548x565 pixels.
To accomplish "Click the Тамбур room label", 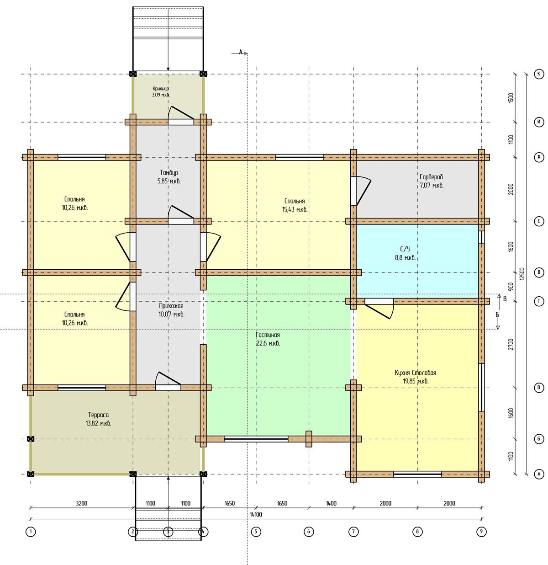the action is click(x=169, y=173).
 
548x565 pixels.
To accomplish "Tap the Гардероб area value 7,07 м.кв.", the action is click(x=432, y=185).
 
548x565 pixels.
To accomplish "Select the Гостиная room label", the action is click(x=268, y=335).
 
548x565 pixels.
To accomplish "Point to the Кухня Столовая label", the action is click(x=416, y=373).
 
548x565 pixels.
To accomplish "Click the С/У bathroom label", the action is click(x=405, y=249).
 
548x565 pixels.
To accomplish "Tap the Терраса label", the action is click(x=98, y=415).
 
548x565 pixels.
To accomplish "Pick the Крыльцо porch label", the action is click(x=161, y=89).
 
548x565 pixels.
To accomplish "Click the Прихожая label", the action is click(x=171, y=306).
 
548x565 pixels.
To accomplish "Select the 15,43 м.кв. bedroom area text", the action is click(x=295, y=209).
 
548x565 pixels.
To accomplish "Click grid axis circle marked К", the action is click(x=539, y=74).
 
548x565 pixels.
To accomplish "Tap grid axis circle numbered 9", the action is click(x=481, y=532).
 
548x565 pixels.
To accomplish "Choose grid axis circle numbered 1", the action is click(x=31, y=532).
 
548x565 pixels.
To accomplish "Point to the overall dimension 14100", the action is click(x=256, y=514).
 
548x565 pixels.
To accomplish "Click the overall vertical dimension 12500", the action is click(x=522, y=274).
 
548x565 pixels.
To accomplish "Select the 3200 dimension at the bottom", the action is click(x=82, y=503).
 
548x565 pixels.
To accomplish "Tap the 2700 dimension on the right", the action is click(x=511, y=344).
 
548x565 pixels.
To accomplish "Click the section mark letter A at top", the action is click(x=241, y=52).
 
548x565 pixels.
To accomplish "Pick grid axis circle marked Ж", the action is click(x=539, y=157).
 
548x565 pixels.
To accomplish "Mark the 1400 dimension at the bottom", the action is click(x=331, y=503).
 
